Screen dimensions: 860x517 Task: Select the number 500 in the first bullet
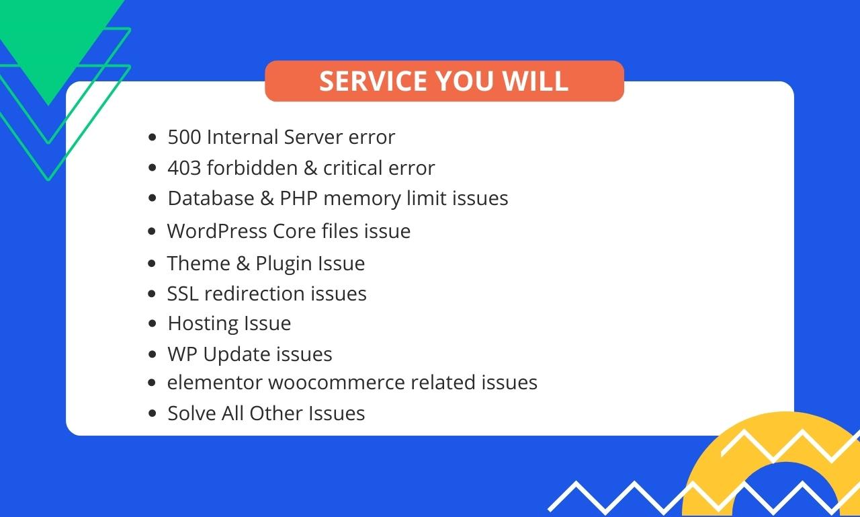click(x=184, y=137)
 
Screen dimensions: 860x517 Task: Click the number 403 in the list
click(x=184, y=168)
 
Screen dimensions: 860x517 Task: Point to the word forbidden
click(x=252, y=167)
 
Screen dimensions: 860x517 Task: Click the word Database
click(x=211, y=198)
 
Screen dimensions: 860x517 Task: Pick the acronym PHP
click(x=299, y=198)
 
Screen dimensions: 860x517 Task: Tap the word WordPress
click(x=217, y=231)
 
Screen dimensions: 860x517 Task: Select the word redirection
click(x=255, y=294)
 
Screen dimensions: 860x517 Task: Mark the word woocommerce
click(x=337, y=383)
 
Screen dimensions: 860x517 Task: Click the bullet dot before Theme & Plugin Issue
click(x=152, y=264)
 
